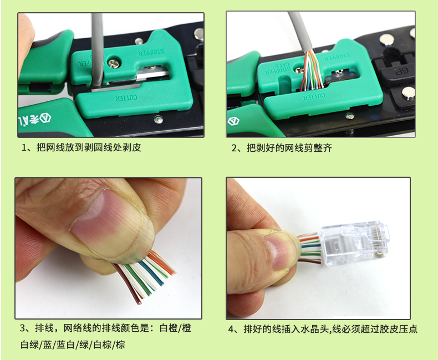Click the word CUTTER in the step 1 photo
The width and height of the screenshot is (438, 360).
click(126, 98)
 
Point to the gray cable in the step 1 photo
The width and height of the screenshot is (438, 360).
click(97, 50)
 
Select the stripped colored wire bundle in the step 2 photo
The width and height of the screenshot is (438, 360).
click(311, 70)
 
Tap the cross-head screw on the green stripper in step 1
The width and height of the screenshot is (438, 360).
click(115, 64)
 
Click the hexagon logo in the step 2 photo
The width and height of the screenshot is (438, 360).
click(233, 121)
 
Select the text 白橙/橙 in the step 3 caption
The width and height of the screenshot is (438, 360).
click(175, 328)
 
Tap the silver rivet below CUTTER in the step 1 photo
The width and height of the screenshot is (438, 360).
click(158, 119)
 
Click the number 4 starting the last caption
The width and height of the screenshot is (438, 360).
click(231, 330)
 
